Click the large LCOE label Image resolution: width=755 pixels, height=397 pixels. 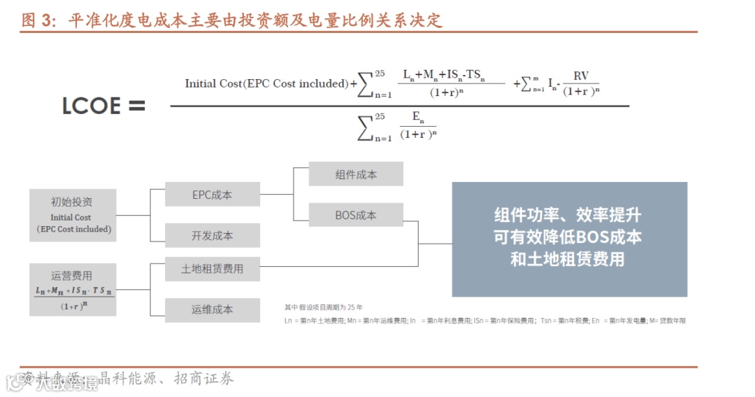pos(91,106)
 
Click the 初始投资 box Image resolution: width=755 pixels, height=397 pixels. pos(73,215)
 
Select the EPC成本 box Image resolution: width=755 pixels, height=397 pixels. pos(212,195)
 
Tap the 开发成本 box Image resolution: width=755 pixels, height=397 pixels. pos(212,235)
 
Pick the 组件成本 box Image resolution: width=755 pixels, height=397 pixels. pos(356,174)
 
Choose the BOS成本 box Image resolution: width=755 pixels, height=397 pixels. pos(356,215)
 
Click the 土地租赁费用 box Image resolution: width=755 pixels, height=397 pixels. pos(212,268)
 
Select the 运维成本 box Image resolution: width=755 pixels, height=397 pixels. pos(212,309)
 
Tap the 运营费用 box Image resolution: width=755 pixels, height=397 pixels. pos(73,288)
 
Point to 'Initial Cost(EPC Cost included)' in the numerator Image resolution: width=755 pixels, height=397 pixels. pos(266,83)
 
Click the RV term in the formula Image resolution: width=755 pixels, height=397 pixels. pos(581,76)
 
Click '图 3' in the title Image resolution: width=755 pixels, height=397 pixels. pos(38,20)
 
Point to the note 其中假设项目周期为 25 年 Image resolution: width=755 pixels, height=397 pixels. pos(323,307)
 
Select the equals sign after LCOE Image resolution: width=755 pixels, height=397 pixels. pos(136,106)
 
